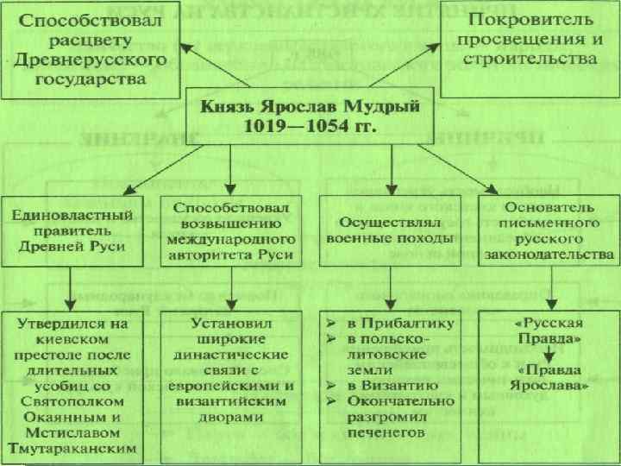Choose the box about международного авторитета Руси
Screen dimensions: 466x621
tap(232, 231)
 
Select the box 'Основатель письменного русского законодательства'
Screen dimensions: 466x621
tap(548, 231)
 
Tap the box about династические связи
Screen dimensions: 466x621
tap(230, 372)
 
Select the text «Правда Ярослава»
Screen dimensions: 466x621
tap(548, 377)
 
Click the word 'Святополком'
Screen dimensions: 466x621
tap(72, 401)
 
